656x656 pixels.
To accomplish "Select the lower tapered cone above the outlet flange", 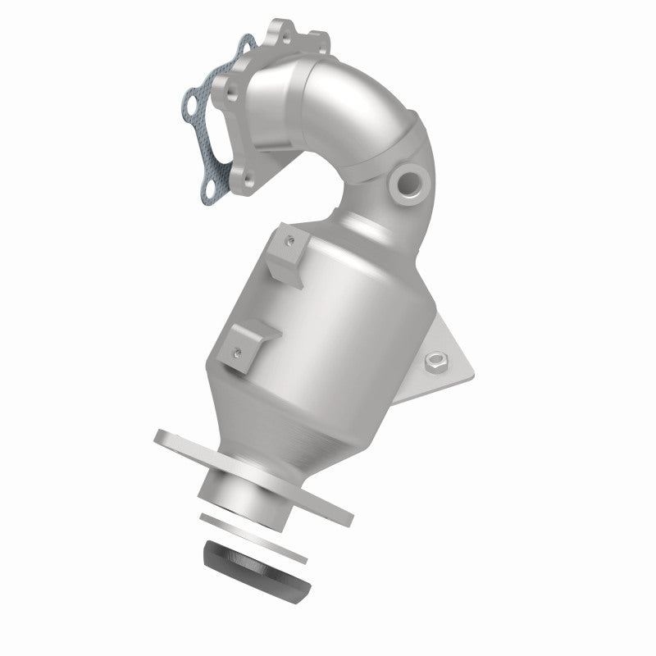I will pos(295,426).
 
